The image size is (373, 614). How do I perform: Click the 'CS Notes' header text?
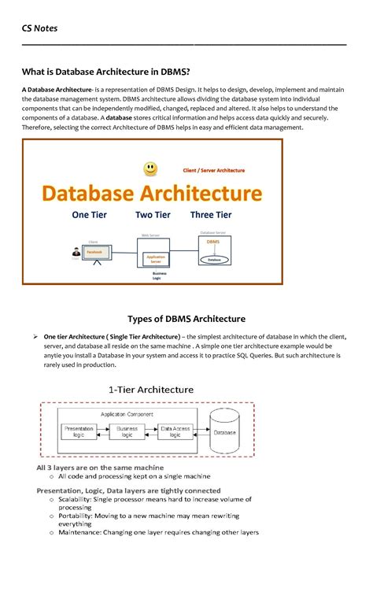coord(39,29)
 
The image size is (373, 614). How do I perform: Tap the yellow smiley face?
coord(150,168)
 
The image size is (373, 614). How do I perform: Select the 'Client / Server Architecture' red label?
coord(213,170)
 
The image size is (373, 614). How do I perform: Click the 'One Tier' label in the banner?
coord(90,215)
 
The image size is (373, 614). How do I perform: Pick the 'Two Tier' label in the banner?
coord(153,215)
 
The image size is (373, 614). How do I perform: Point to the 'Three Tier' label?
coord(211,215)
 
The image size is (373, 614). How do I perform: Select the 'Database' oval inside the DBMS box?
coord(213,257)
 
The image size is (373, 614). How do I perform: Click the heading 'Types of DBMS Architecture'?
coord(186,318)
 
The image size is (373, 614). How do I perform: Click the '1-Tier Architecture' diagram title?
coord(150,389)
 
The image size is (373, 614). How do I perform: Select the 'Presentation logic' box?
coord(79,432)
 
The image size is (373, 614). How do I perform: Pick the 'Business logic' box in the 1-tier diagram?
coord(127,432)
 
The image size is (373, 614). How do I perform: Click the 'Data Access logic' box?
coord(175,432)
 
